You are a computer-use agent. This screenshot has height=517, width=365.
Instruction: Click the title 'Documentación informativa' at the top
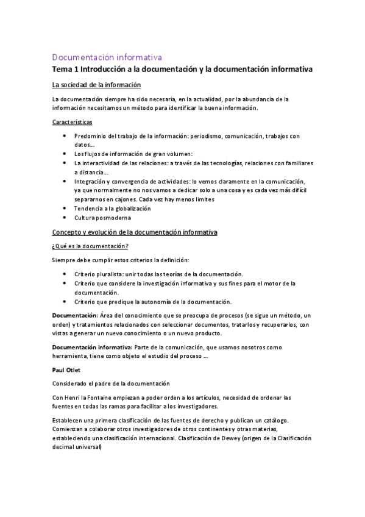pyautogui.click(x=106, y=57)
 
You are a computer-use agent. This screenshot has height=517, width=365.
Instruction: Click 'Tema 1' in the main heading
pyautogui.click(x=66, y=70)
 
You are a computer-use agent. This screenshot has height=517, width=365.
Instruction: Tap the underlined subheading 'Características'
pyautogui.click(x=72, y=122)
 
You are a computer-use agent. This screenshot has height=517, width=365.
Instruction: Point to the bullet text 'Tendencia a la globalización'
pyautogui.click(x=112, y=209)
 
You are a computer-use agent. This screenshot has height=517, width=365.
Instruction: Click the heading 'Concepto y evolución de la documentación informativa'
pyautogui.click(x=135, y=232)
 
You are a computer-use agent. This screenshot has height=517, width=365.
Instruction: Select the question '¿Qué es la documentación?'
pyautogui.click(x=90, y=246)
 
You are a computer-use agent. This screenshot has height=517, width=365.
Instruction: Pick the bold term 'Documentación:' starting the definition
pyautogui.click(x=75, y=316)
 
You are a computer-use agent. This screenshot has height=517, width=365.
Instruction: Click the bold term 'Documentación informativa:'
pyautogui.click(x=91, y=347)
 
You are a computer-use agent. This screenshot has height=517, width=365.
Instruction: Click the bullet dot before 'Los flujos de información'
pyautogui.click(x=65, y=154)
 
